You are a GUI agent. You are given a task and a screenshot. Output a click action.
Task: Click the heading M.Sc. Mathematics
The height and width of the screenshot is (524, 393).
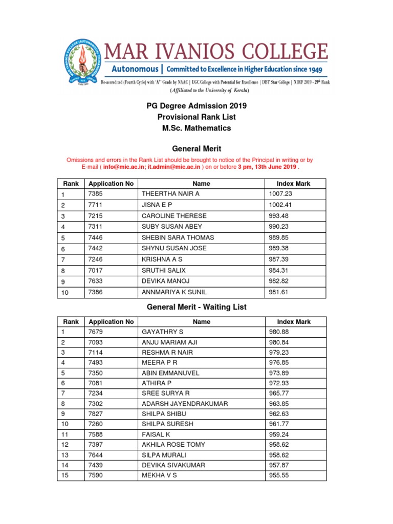pyautogui.click(x=196, y=128)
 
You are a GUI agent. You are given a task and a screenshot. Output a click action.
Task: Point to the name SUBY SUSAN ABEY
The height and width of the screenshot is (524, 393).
pyautogui.click(x=172, y=227)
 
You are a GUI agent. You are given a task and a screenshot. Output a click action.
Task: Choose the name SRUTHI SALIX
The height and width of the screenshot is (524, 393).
pyautogui.click(x=164, y=270)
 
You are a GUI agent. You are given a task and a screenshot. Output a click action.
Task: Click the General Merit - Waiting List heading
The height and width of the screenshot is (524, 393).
pyautogui.click(x=196, y=307)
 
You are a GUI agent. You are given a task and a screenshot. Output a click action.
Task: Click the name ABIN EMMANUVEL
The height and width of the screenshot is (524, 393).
pyautogui.click(x=170, y=373)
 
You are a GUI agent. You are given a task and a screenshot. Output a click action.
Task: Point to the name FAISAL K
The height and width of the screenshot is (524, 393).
pyautogui.click(x=156, y=434)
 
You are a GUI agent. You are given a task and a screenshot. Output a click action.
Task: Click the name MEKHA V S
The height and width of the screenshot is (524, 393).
pyautogui.click(x=159, y=475)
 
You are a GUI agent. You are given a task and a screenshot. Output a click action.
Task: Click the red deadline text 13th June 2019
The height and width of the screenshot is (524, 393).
pyautogui.click(x=274, y=167)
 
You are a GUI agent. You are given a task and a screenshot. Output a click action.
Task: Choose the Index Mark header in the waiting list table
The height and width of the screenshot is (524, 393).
pyautogui.click(x=294, y=322)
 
